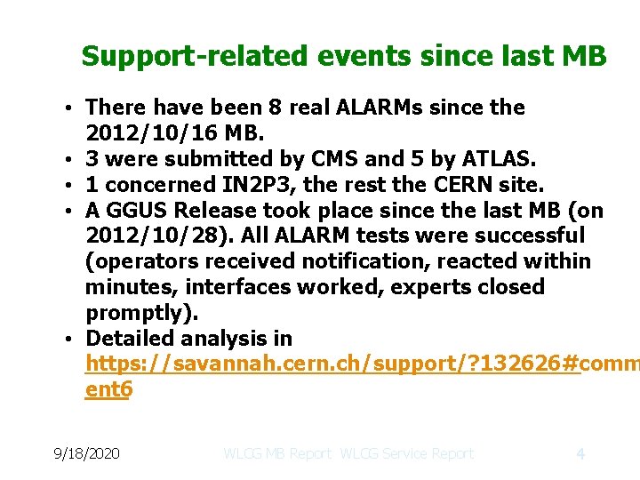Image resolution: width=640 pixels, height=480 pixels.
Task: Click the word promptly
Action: pyautogui.click(x=137, y=313)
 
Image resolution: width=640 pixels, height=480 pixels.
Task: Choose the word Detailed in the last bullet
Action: pyautogui.click(x=129, y=339)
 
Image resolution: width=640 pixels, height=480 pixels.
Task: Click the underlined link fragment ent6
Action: pyautogui.click(x=108, y=390)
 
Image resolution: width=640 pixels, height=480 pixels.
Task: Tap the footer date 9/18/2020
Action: pyautogui.click(x=85, y=453)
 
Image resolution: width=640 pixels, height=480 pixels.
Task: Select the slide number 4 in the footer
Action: pyautogui.click(x=580, y=453)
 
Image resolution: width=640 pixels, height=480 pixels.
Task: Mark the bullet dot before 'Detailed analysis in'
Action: pyautogui.click(x=68, y=340)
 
